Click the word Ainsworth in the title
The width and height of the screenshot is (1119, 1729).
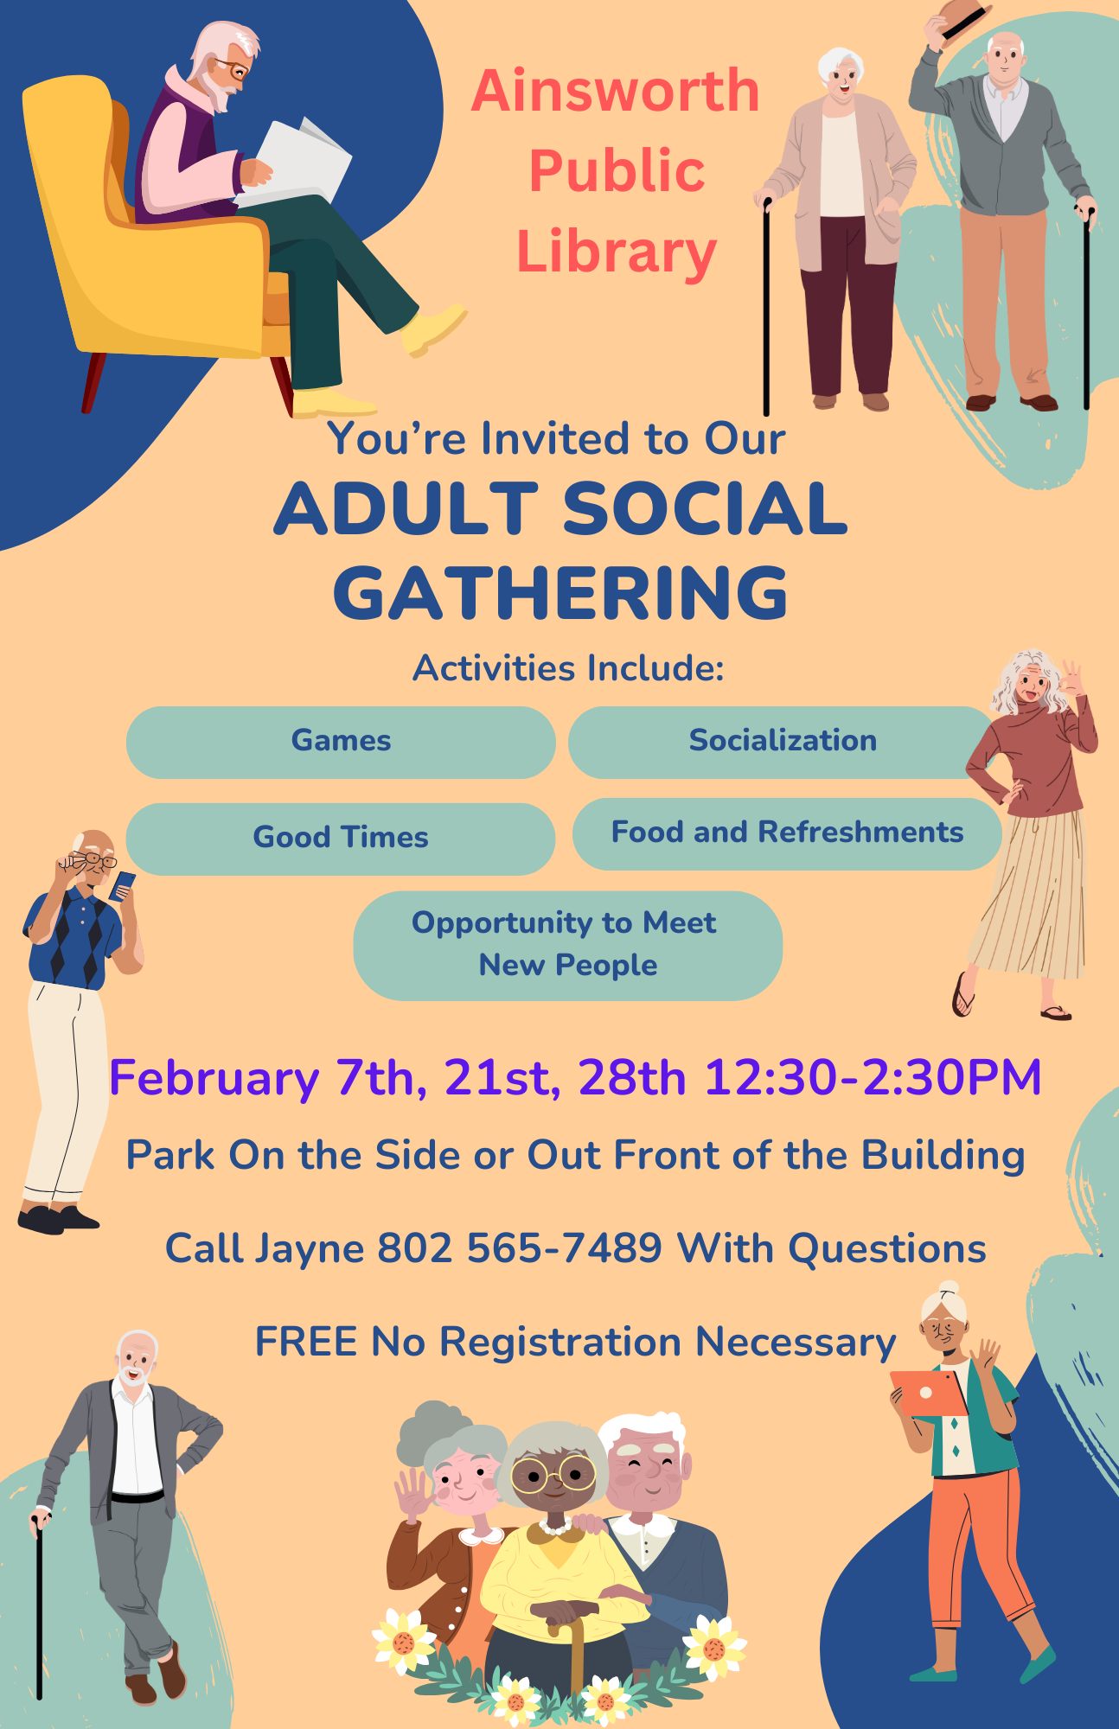615,91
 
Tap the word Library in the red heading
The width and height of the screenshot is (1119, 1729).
617,252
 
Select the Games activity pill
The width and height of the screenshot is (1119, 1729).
341,742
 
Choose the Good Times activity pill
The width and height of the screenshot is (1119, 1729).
341,839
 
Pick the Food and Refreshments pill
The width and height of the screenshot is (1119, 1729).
787,833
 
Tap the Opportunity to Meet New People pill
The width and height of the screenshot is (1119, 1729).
568,946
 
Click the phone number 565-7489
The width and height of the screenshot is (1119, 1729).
564,1248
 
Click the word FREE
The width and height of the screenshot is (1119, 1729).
307,1342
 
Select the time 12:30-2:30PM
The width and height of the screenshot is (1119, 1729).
873,1078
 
